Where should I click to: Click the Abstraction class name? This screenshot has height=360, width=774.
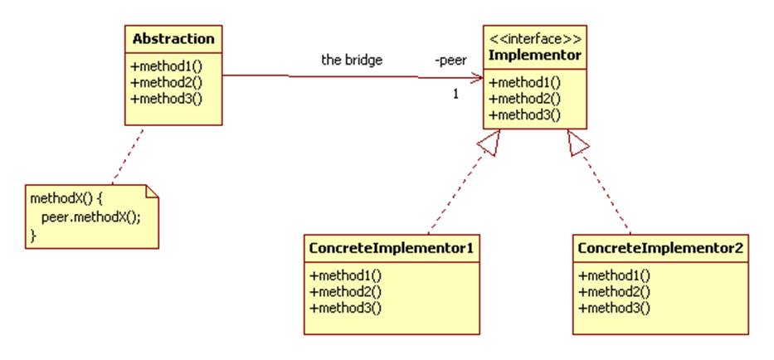click(x=173, y=39)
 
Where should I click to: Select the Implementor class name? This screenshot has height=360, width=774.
click(x=534, y=56)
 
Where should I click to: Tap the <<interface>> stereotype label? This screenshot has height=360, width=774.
click(x=534, y=39)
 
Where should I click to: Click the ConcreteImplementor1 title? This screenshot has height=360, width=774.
click(x=391, y=248)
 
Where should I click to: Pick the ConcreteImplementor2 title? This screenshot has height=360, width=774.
click(x=660, y=248)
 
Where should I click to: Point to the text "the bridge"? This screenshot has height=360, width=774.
click(x=352, y=61)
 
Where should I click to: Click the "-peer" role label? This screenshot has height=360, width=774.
click(x=450, y=61)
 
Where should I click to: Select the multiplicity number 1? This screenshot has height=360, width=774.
click(x=455, y=94)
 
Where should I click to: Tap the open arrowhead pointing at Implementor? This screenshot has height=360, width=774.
click(x=476, y=77)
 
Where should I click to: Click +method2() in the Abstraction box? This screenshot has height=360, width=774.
click(x=167, y=82)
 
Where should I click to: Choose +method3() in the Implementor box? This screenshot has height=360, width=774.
click(x=525, y=115)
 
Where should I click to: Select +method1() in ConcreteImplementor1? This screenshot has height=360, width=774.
click(x=346, y=275)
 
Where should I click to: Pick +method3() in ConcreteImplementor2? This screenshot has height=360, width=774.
click(x=614, y=308)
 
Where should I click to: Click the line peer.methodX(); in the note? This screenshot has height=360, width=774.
click(x=90, y=218)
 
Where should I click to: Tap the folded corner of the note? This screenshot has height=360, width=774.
click(x=152, y=191)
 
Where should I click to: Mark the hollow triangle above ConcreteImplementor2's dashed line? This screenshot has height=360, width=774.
click(x=578, y=143)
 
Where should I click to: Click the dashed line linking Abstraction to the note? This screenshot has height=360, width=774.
click(x=128, y=154)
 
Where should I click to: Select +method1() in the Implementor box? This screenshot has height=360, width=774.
click(x=525, y=82)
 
